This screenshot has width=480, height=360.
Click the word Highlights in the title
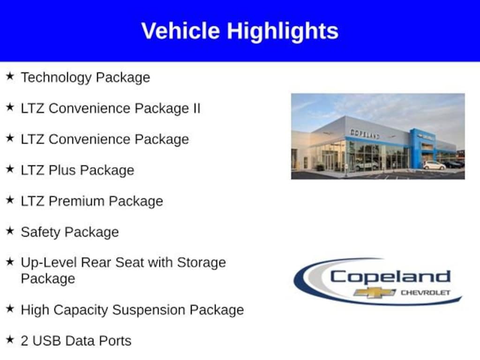pos(283,31)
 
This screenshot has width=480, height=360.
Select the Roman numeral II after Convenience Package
pos(195,108)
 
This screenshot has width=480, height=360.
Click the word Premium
pos(77,201)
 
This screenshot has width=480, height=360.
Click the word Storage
pos(201,262)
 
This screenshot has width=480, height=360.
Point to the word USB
pos(46,341)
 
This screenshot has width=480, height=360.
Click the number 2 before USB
pos(24,341)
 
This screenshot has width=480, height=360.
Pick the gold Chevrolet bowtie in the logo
pos(375,292)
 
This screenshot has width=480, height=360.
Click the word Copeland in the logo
pos(390,277)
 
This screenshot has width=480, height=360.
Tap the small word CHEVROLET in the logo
pos(425,293)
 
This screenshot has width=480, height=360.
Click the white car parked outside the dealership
pos(434,165)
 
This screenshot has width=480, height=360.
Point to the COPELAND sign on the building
pos(365,134)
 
